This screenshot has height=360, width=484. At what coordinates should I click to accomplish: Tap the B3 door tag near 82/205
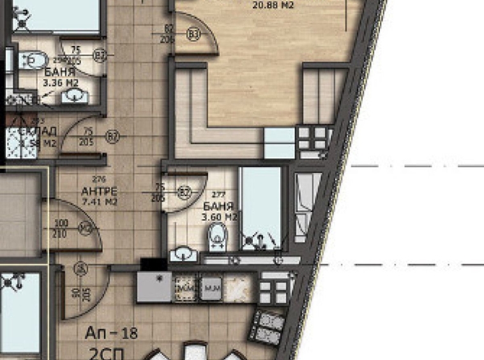coord(193,33)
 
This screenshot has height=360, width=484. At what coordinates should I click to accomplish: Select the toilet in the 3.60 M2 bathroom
coord(218,238)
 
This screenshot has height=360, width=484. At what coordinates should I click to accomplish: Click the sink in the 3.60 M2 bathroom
coord(184,255)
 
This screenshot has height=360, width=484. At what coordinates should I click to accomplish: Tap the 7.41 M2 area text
coord(99,202)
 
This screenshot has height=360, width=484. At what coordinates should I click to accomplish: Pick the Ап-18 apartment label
coord(111,333)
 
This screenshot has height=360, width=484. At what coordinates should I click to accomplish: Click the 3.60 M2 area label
coord(219,217)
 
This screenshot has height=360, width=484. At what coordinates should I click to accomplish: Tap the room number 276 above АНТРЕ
coord(99,180)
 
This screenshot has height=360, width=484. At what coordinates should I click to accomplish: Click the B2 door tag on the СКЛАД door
coord(113,136)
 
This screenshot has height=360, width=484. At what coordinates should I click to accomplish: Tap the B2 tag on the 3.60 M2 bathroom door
coord(185,191)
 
